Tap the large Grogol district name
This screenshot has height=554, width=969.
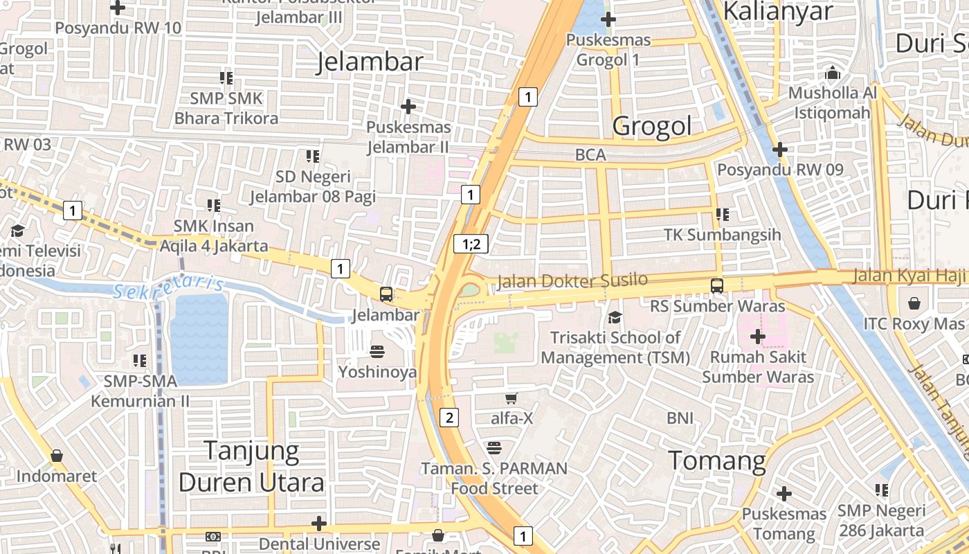[652, 126]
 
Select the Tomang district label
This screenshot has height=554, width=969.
[718, 461]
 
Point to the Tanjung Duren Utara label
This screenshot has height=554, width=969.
[251, 467]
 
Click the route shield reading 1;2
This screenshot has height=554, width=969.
[471, 244]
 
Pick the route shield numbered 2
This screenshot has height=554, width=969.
[449, 417]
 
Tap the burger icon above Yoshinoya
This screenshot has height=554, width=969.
[377, 351]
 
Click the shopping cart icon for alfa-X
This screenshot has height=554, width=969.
[511, 398]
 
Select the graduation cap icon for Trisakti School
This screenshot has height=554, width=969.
[615, 318]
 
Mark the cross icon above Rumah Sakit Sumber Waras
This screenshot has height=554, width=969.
[758, 337]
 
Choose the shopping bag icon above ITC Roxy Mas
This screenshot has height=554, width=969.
[914, 303]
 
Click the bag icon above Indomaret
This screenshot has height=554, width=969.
[57, 456]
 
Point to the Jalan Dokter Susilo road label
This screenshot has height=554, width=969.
[572, 280]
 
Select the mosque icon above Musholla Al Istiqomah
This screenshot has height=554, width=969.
[832, 73]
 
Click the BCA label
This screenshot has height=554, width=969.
[590, 155]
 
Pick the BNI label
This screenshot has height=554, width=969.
[680, 418]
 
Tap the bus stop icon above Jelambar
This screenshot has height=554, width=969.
[386, 294]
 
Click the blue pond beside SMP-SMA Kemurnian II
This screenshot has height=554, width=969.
[199, 339]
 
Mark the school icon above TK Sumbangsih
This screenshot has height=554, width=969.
[722, 215]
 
